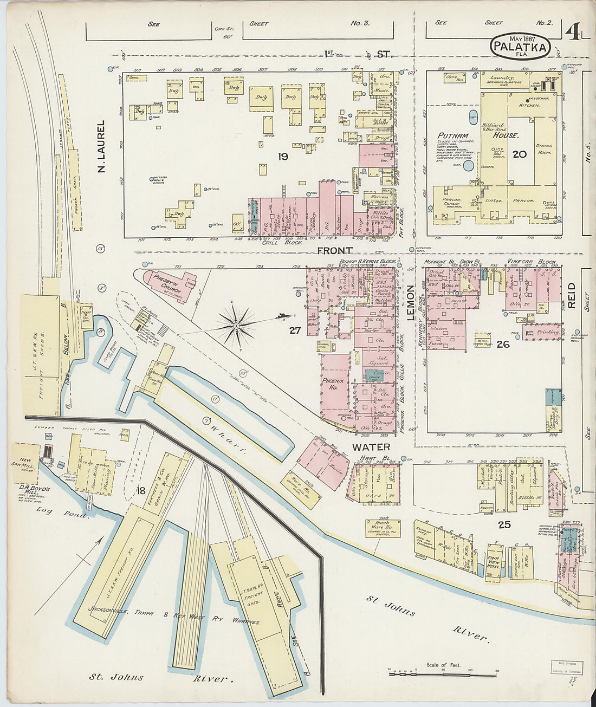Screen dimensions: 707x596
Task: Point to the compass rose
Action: coord(237,325)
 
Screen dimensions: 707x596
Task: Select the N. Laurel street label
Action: coord(101,147)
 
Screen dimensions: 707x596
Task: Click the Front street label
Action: coord(335,250)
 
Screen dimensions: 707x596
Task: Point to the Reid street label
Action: coord(571,295)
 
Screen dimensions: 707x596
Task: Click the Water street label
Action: coord(371,447)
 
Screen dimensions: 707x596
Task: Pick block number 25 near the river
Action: coord(504,524)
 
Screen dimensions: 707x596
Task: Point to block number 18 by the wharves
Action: coord(141,491)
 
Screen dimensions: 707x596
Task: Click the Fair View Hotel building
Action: coord(493,563)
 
